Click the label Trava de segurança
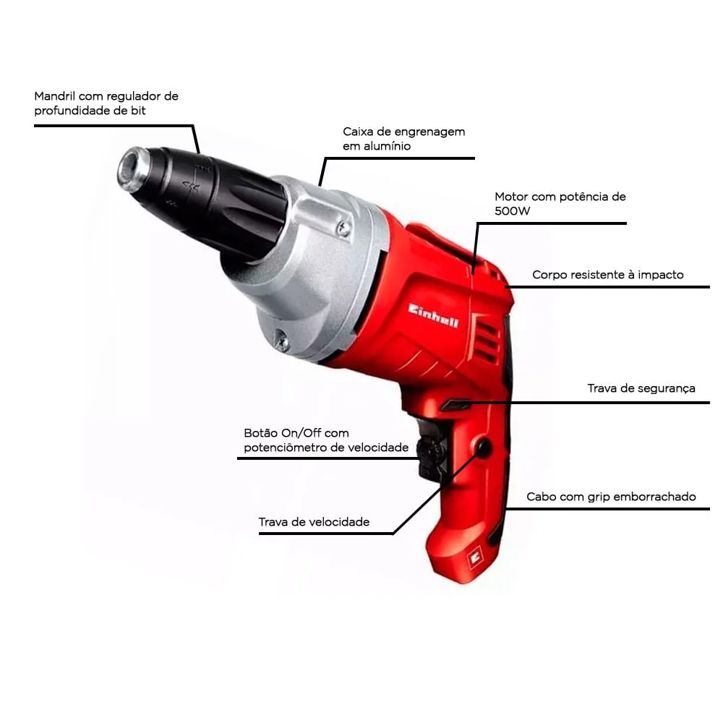click(641, 388)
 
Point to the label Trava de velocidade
click(314, 522)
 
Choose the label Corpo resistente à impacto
click(607, 275)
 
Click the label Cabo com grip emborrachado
click(611, 497)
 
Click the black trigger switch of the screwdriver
click(431, 455)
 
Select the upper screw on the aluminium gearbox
click(345, 229)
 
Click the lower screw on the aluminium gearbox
click(281, 338)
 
